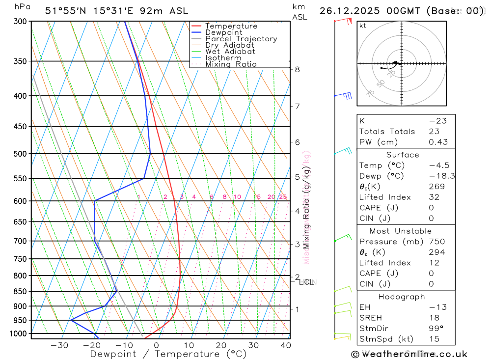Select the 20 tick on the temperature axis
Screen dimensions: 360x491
221,345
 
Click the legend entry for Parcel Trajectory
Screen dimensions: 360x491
241,39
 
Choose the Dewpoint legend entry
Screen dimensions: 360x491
224,32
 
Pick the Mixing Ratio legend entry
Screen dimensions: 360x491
231,64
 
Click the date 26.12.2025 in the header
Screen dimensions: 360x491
348,11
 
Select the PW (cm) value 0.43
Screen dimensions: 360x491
438,142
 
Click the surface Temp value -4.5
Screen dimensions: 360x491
438,166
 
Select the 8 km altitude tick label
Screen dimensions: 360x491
298,69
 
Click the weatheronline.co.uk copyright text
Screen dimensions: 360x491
409,354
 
